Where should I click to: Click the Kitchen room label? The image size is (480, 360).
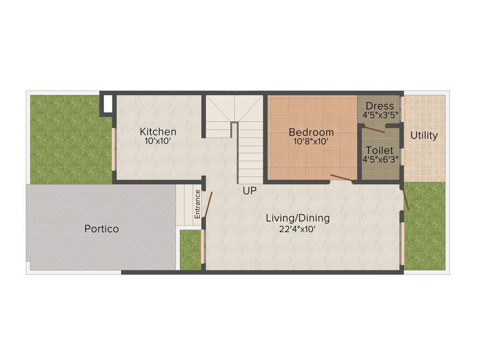158,131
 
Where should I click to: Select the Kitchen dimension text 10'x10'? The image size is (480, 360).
158,140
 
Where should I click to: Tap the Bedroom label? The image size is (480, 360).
311,132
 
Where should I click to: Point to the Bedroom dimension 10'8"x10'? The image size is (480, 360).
311,141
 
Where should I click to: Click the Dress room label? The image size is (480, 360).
380,106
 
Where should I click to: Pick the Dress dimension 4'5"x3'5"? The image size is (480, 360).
380,114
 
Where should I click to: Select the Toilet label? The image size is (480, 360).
380,150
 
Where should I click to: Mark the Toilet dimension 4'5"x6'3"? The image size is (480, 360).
380,159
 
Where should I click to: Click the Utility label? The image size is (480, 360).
424,135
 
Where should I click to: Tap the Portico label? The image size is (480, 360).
101,229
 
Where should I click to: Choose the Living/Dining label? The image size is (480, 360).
298,218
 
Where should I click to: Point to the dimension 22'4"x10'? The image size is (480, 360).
298,229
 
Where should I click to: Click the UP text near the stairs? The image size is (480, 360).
249,191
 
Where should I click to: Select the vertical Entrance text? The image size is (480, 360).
198,203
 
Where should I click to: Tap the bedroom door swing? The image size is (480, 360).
341,178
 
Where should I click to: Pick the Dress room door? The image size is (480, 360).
375,129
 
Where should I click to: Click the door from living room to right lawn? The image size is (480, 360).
405,199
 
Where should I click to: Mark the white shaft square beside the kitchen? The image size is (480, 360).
107,104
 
